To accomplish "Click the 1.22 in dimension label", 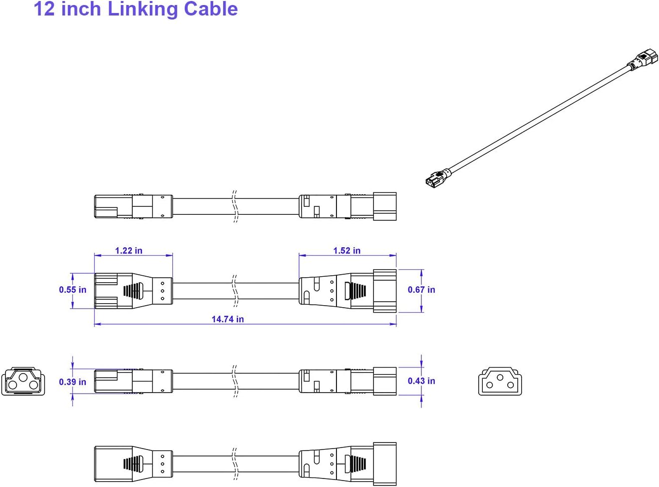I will (x=128, y=250).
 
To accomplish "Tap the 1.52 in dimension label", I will (x=346, y=250).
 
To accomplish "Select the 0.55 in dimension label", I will (x=72, y=290).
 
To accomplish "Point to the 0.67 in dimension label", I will (x=421, y=290).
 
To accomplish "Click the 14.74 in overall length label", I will (x=228, y=319).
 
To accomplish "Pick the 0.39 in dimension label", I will (x=72, y=382).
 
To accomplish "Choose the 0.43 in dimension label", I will (x=421, y=381).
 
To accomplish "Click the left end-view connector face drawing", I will (x=23, y=382).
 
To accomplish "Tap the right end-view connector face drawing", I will (x=500, y=382).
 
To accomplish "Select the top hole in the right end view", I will (x=500, y=377).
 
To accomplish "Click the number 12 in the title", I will (x=44, y=9).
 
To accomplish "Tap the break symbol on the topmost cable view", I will (x=235, y=206).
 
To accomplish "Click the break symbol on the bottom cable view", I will (x=235, y=464).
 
